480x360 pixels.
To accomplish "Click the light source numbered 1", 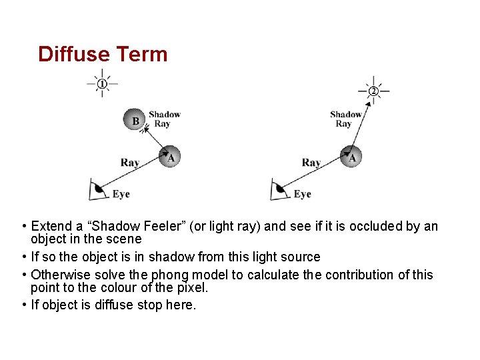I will tap(102, 83).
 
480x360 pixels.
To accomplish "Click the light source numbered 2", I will tap(373, 91).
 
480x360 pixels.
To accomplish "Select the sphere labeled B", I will tap(136, 121).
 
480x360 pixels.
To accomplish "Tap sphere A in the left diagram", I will tap(171, 157).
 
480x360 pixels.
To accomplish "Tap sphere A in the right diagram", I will tap(352, 157).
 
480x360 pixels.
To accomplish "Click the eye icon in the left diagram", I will tap(98, 189).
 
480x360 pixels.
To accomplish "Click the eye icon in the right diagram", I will tap(279, 189).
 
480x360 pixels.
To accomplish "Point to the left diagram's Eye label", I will tap(121, 194).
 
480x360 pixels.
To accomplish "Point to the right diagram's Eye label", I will tap(302, 194).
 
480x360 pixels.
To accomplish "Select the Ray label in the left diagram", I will tap(130, 163).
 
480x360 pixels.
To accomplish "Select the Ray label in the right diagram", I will tap(311, 163).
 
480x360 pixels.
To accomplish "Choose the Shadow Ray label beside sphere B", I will tap(165, 119).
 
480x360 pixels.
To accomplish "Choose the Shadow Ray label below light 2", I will tap(345, 119).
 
